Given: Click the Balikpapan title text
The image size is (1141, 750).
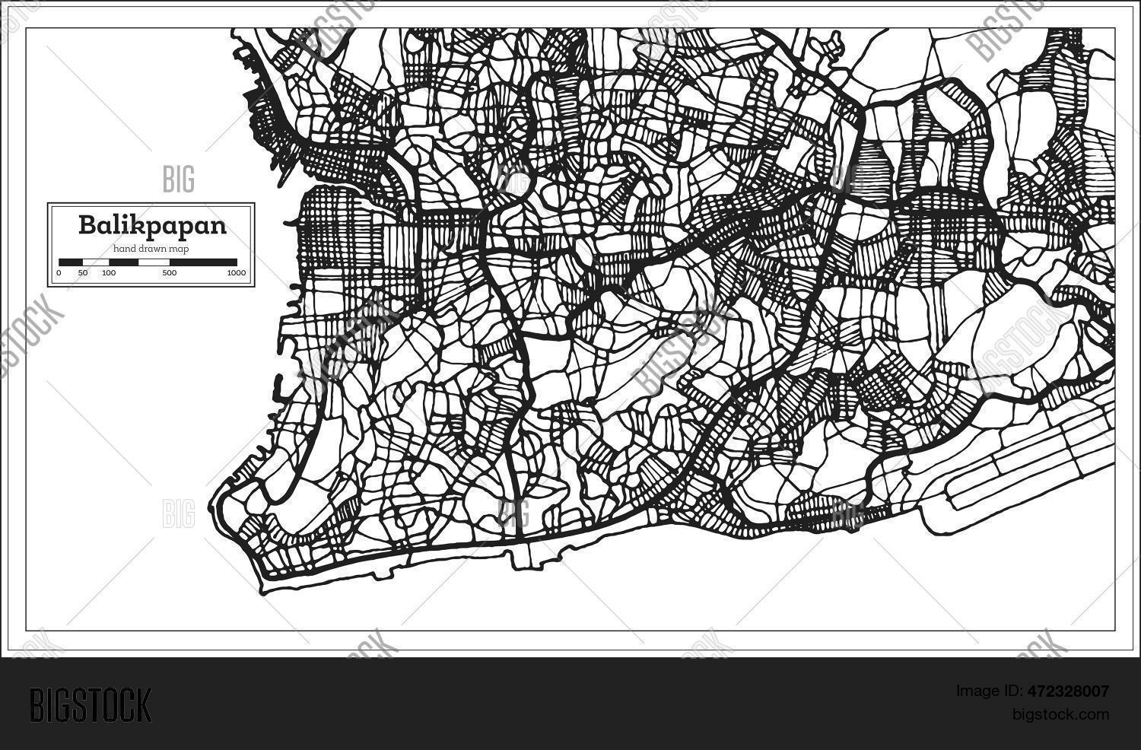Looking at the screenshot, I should click(152, 226).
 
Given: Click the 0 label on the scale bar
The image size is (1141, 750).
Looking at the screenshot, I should click(59, 272).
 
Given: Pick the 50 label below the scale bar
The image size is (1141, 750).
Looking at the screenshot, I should click(82, 272).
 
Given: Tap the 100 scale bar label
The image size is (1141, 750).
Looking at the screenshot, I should click(108, 272).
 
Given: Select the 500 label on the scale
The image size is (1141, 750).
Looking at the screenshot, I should click(169, 272).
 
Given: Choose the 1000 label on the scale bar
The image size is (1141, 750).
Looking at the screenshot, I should click(236, 272).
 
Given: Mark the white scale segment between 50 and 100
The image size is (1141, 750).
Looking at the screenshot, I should click(95, 262).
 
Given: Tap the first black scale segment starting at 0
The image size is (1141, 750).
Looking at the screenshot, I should click(71, 262).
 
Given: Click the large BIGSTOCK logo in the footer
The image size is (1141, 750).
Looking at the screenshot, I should click(91, 704).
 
